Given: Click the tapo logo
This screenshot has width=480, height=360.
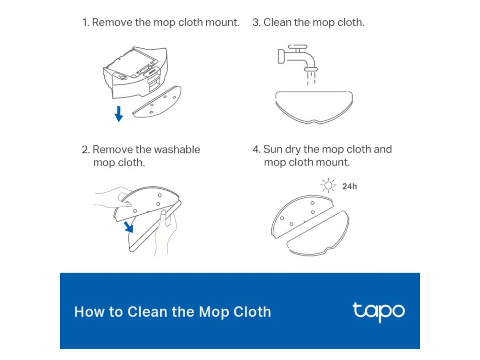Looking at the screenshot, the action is click(379, 312).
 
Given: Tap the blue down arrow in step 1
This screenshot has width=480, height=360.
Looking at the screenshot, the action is click(119, 113).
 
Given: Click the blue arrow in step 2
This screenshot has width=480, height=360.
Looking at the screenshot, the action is click(128, 227).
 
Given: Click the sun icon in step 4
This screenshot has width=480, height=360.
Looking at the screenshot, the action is click(328, 186).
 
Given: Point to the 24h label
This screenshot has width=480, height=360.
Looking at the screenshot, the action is click(350, 186).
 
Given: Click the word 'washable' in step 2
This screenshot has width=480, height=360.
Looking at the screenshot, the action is click(177, 150).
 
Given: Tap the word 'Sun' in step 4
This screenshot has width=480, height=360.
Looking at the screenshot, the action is click(273, 150).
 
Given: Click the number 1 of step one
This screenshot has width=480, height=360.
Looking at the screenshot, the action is click(85, 22).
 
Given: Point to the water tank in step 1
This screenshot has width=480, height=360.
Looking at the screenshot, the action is click(135, 72).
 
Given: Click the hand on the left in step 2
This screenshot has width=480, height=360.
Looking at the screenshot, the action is click(112, 198).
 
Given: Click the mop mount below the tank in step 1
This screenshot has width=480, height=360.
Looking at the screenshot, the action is click(157, 102).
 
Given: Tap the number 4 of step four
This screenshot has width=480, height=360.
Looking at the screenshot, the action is click(256, 150).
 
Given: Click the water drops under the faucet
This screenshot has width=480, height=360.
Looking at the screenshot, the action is click(311, 78).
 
